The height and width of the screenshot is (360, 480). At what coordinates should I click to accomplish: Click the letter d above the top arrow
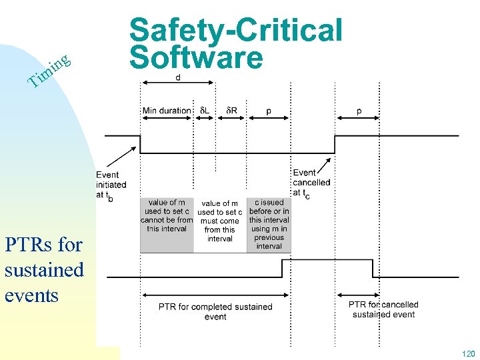(x=178, y=78)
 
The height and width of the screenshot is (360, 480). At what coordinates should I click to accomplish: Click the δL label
(x=205, y=110)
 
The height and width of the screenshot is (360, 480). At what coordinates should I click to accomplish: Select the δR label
(x=231, y=110)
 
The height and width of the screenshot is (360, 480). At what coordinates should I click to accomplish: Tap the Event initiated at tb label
(x=111, y=185)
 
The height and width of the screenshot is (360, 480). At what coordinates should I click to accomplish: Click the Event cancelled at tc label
(x=311, y=183)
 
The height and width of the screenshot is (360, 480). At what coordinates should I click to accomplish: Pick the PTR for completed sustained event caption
(x=215, y=311)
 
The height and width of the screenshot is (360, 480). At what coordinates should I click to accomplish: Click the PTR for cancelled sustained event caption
(x=383, y=309)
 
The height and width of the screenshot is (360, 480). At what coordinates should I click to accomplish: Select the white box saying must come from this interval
(x=220, y=221)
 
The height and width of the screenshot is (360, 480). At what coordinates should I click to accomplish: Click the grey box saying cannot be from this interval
(x=167, y=215)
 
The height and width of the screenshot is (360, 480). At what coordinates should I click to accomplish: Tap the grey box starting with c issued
(x=269, y=224)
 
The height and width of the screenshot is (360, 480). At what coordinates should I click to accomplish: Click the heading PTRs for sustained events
(x=44, y=269)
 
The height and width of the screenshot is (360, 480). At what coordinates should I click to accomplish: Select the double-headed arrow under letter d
(x=177, y=83)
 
